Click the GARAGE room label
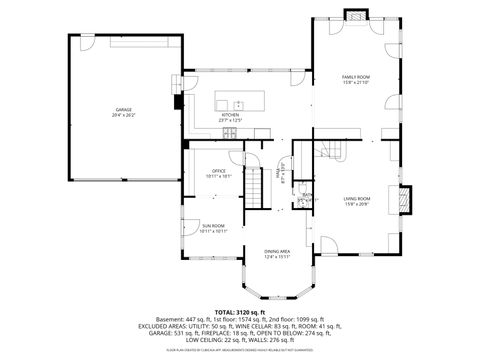pyautogui.click(x=122, y=109)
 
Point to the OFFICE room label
pyautogui.click(x=217, y=171)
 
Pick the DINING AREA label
pyautogui.click(x=277, y=251)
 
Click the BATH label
pyautogui.click(x=307, y=194)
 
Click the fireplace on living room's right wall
pyautogui.click(x=403, y=201)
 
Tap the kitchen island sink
pyautogui.click(x=239, y=104)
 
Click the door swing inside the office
pyautogui.click(x=239, y=159)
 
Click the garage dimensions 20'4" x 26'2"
pyautogui.click(x=122, y=115)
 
